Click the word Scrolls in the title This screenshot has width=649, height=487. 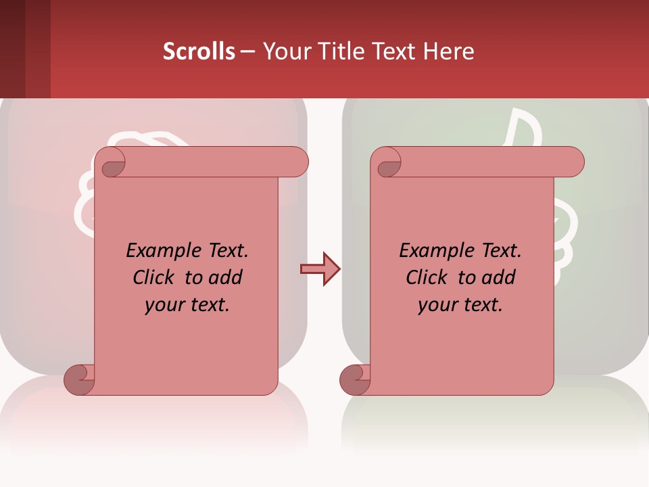199,51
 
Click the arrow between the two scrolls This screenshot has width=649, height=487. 320,269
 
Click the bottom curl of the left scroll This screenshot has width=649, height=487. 78,379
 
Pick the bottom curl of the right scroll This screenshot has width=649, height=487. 354,379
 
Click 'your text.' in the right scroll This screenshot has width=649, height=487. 460,305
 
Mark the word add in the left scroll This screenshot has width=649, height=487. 226,277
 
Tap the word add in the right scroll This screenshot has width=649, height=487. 499,277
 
